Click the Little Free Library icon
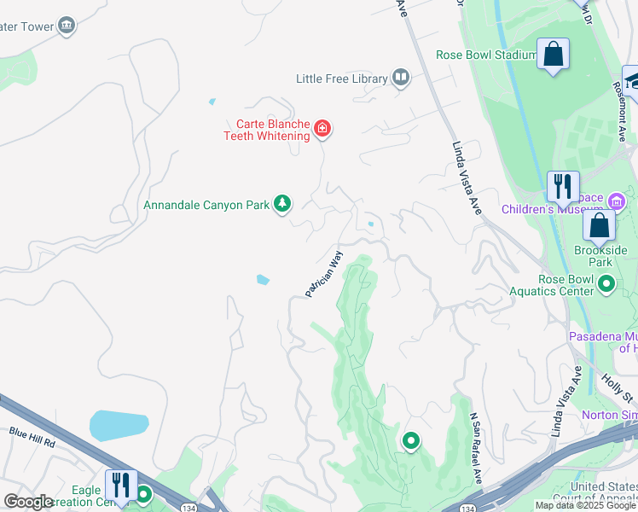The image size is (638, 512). pyautogui.click(x=401, y=79)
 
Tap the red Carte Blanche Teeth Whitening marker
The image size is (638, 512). pyautogui.click(x=322, y=129)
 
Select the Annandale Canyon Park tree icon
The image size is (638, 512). pyautogui.click(x=282, y=205)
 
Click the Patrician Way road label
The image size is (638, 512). pyautogui.click(x=324, y=274)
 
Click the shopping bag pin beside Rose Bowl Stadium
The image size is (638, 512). pyautogui.click(x=553, y=55)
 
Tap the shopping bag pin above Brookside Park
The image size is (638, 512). pyautogui.click(x=600, y=226)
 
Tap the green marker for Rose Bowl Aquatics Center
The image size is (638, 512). pyautogui.click(x=606, y=282)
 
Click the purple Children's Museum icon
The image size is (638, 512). pyautogui.click(x=618, y=201)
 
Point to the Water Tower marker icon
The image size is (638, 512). pyautogui.click(x=67, y=26)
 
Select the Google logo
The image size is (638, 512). pyautogui.click(x=28, y=502)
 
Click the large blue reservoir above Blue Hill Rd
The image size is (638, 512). pyautogui.click(x=119, y=425)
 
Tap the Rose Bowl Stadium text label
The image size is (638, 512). pyautogui.click(x=485, y=55)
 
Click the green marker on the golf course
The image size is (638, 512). pyautogui.click(x=411, y=441)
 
